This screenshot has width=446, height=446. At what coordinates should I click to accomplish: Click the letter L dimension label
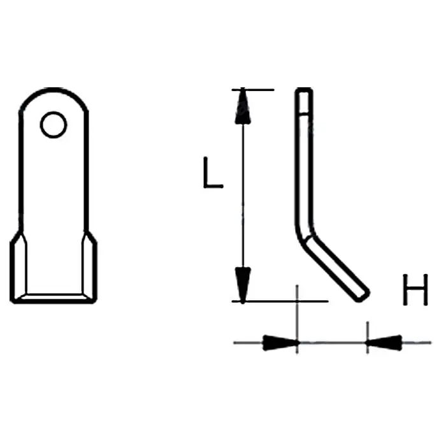[x=213, y=173]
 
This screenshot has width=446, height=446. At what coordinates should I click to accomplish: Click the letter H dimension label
[x=415, y=290]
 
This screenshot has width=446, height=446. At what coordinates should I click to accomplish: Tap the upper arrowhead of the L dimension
[x=243, y=106]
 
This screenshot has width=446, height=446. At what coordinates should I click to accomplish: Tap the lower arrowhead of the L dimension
[x=243, y=285]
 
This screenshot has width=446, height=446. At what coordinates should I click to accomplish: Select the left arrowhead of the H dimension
[x=281, y=343]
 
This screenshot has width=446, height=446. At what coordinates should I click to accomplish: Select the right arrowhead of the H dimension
[x=384, y=343]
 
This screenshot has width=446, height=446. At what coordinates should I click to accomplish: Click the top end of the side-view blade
[x=304, y=90]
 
